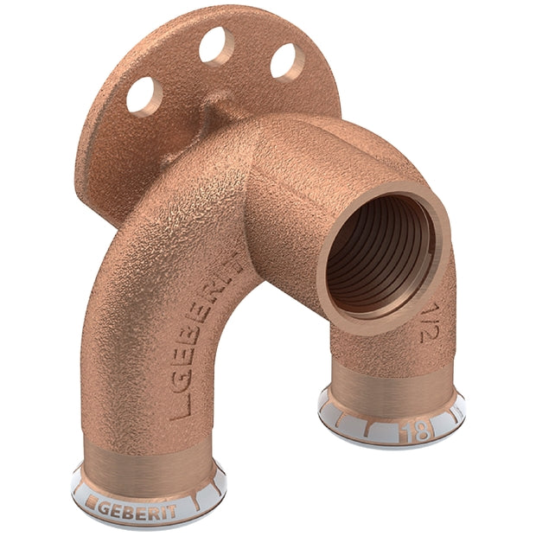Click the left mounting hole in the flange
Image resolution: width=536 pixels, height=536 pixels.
click(x=144, y=95)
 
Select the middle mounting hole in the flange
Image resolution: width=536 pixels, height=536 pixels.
click(x=216, y=46)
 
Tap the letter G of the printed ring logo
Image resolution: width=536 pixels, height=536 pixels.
click(x=105, y=507)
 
